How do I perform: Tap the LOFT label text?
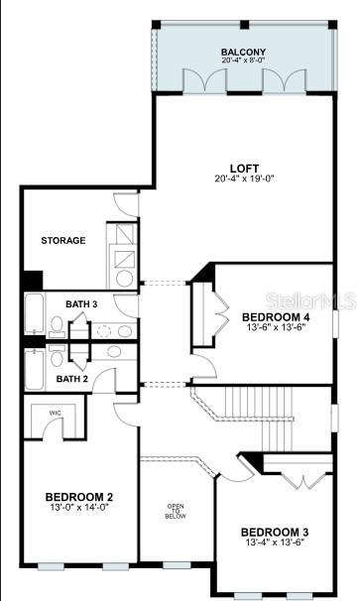pyautogui.click(x=244, y=169)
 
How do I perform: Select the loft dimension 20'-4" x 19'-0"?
pyautogui.click(x=244, y=179)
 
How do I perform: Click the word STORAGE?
pyautogui.click(x=63, y=241)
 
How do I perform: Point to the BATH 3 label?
pyautogui.click(x=81, y=304)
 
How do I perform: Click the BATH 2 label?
pyautogui.click(x=72, y=379)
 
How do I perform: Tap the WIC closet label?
pyautogui.click(x=55, y=413)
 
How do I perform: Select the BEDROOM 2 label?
pyautogui.click(x=79, y=497)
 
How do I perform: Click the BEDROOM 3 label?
pyautogui.click(x=275, y=533)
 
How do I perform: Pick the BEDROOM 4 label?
pyautogui.click(x=276, y=317)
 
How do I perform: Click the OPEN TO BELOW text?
pyautogui.click(x=176, y=512)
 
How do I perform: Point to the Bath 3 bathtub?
pyautogui.click(x=35, y=313)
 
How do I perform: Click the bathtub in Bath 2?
pyautogui.click(x=35, y=370)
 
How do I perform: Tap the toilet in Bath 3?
pyautogui.click(x=57, y=326)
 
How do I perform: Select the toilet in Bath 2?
pyautogui.click(x=57, y=356)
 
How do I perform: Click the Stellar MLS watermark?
pyautogui.click(x=311, y=301)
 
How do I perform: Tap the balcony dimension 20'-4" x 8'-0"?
pyautogui.click(x=243, y=60)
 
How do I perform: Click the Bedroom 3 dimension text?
pyautogui.click(x=275, y=542)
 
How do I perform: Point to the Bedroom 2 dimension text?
pyautogui.click(x=79, y=507)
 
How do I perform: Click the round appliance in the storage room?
pyautogui.click(x=124, y=279)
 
